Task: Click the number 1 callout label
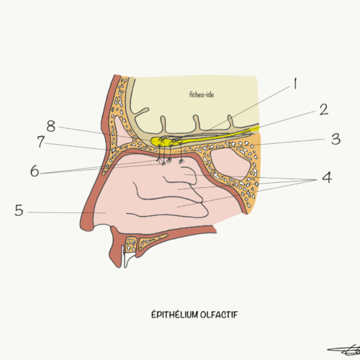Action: click(295, 84)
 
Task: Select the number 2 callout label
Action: click(324, 109)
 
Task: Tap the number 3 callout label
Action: click(336, 139)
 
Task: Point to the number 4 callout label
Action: click(327, 178)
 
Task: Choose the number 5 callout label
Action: click(19, 210)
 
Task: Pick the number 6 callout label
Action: click(35, 171)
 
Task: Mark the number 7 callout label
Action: click(41, 142)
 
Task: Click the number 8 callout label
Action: click(51, 126)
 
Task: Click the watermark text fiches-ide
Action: click(202, 94)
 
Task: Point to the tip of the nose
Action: click(83, 225)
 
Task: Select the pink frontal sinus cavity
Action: click(121, 132)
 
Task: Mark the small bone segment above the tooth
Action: click(131, 244)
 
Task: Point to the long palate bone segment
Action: click(153, 240)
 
